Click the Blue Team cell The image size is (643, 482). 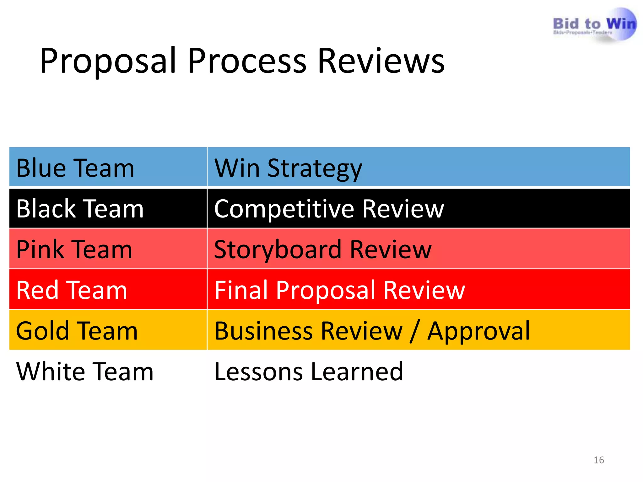75,168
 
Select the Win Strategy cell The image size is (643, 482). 288,168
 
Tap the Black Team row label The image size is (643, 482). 80,209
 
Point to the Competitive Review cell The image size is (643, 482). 329,209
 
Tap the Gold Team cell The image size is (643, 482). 77,331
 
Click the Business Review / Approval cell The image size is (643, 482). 372,331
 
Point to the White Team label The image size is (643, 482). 85,372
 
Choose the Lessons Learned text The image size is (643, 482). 309,372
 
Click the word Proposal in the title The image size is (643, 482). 108,61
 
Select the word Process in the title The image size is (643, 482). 247,61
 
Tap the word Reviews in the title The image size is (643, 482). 381,61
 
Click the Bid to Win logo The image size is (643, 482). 594,25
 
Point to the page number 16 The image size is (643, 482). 599,460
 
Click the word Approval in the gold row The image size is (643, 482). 479,331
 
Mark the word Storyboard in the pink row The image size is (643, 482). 278,249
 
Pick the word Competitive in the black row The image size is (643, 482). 284,209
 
